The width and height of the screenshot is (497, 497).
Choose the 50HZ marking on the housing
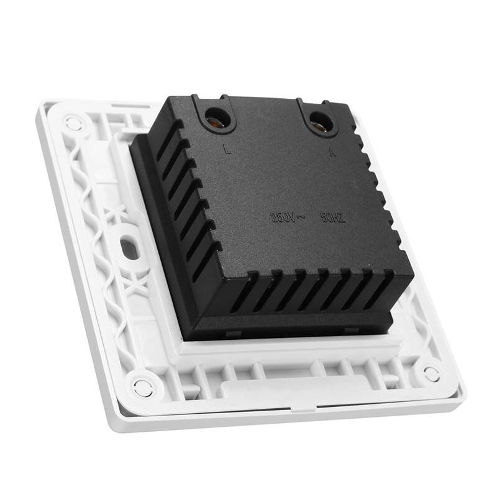332,218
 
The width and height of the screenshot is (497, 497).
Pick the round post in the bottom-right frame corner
431,373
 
